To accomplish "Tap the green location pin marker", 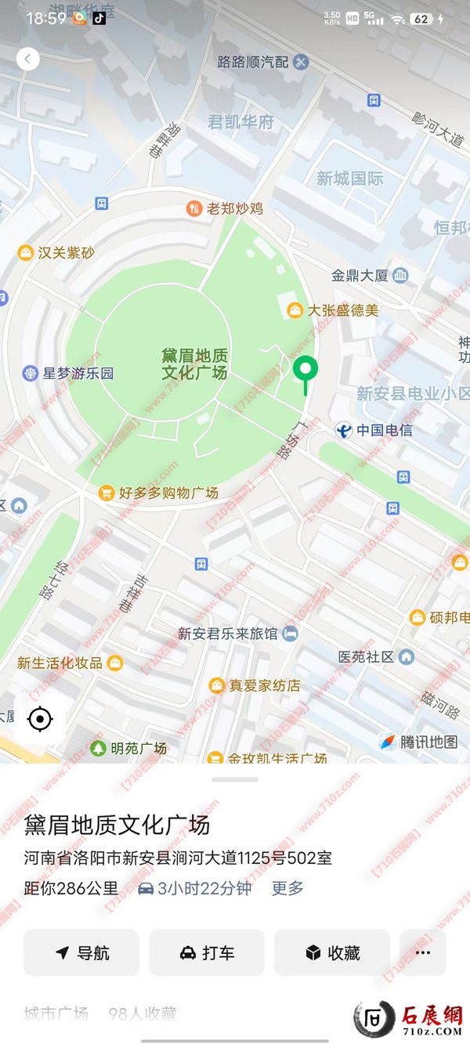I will click(305, 370).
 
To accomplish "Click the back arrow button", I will click(27, 59).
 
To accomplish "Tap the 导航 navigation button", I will click(81, 952).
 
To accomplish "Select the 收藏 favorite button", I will click(332, 952).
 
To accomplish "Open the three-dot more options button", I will click(423, 952).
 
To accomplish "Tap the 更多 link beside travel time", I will click(287, 888).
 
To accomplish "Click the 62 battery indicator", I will click(422, 18).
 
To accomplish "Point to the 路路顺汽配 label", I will click(254, 62).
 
